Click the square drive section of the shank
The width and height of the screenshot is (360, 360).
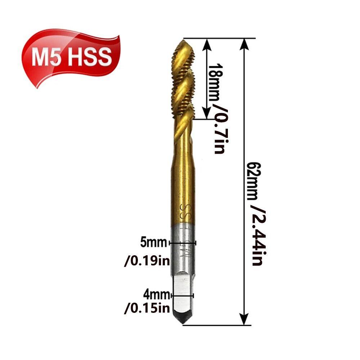tap(183, 288)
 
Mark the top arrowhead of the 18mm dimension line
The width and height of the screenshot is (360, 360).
tap(207, 44)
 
